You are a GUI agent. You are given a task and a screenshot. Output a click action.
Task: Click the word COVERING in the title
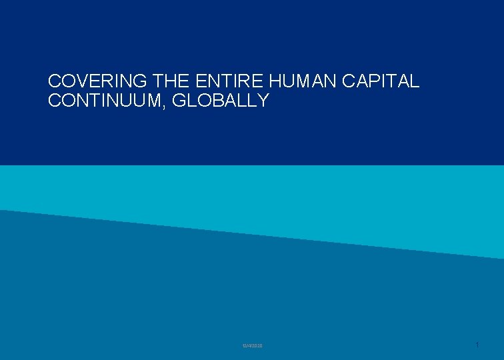[98, 81]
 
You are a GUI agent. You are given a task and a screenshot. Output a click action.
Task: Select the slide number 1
[477, 345]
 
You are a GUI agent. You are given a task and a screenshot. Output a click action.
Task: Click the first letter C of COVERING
[55, 81]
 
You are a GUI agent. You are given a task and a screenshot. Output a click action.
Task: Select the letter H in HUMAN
[275, 81]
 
